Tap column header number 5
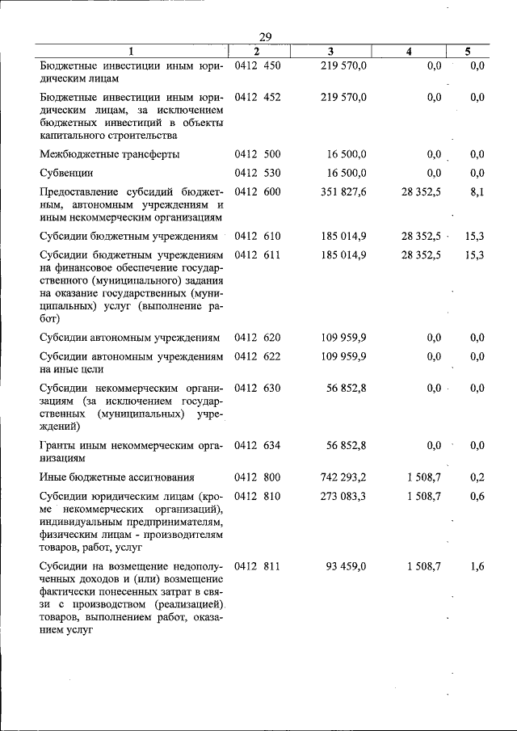[468, 52]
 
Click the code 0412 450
[257, 65]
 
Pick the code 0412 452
[257, 97]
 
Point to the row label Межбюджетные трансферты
[110, 153]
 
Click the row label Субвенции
[67, 173]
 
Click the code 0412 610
[257, 236]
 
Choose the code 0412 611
[257, 255]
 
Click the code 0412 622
[257, 356]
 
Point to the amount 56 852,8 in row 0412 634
[343, 445]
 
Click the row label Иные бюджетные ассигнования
[117, 477]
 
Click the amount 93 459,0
[347, 567]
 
